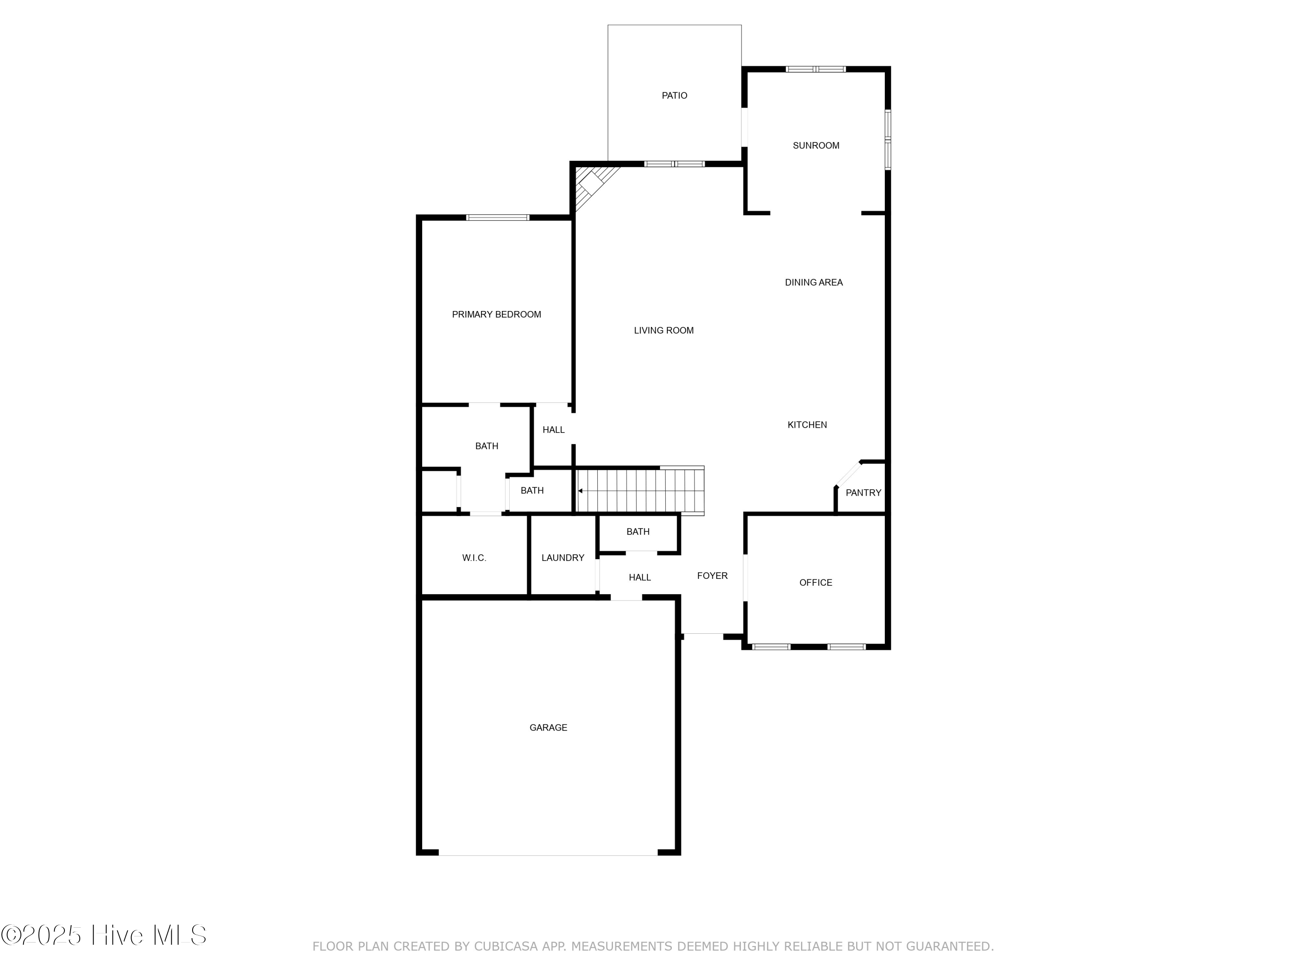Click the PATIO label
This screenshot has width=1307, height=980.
click(x=674, y=96)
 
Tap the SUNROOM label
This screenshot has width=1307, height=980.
click(x=816, y=146)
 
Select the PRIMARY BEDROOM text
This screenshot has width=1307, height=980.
click(x=496, y=315)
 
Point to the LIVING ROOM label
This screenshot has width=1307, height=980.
click(x=664, y=331)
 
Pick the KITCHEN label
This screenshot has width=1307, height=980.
click(x=807, y=425)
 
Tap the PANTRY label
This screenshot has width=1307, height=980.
click(x=863, y=493)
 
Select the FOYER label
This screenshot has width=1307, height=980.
click(x=712, y=576)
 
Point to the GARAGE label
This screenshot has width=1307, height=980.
click(x=549, y=728)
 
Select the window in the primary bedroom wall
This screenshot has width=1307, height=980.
click(x=498, y=218)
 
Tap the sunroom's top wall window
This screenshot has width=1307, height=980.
click(x=816, y=70)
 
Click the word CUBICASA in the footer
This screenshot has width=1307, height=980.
click(x=506, y=947)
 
